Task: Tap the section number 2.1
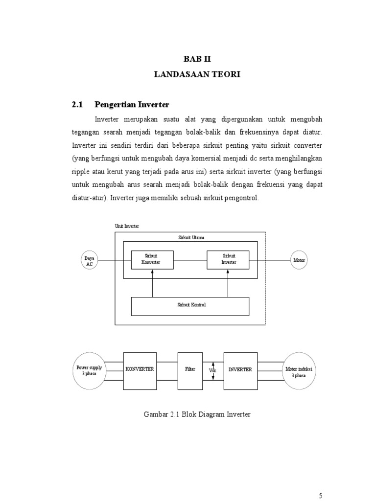(78, 104)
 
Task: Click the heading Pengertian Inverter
(132, 104)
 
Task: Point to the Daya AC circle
(89, 260)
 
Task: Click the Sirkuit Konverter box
(151, 259)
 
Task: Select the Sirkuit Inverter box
(229, 259)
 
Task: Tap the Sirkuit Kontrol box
(190, 305)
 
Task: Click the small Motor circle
(299, 260)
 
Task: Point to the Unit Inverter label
(126, 227)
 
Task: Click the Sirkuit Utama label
(191, 237)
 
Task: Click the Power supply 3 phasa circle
(90, 370)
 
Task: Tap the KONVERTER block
(140, 370)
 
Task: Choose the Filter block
(190, 370)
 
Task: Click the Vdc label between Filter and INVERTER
(213, 370)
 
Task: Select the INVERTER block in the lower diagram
(240, 370)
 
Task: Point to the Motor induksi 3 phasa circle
(299, 370)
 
